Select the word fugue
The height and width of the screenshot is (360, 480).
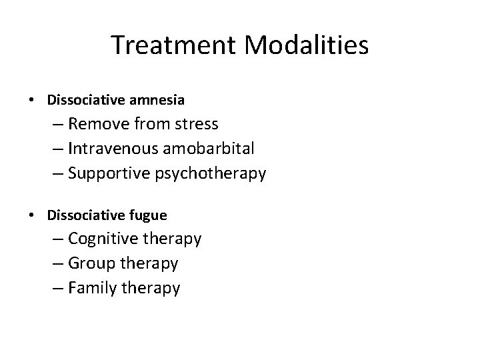151,215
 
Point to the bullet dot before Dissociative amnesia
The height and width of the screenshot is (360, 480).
32,100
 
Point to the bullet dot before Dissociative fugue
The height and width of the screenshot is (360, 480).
32,215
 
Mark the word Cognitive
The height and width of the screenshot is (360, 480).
101,238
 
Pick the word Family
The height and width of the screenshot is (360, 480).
91,288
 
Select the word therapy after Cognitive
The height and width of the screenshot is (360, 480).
171,238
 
